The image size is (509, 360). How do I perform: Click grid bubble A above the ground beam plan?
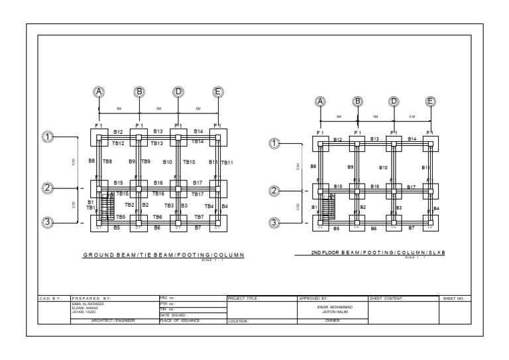click(99, 91)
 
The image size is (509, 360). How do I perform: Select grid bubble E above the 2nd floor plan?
click(431, 101)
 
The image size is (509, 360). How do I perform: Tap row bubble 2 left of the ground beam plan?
click(48, 188)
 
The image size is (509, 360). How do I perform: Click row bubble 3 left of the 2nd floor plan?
click(274, 223)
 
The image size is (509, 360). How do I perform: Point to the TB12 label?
click(118, 143)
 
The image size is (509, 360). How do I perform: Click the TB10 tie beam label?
click(189, 162)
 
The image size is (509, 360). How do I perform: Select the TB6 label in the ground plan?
click(158, 217)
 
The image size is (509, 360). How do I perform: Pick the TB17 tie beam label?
click(198, 194)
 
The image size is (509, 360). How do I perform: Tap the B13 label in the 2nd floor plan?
click(375, 139)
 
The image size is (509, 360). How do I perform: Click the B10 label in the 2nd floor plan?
click(383, 168)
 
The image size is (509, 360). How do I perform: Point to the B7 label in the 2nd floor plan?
click(412, 227)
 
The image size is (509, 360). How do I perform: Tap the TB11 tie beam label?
click(227, 162)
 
